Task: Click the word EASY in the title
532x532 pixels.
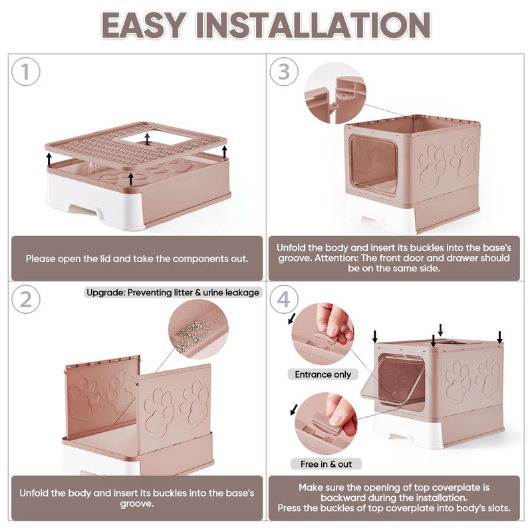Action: click(x=144, y=25)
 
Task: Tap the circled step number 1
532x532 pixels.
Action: click(x=25, y=72)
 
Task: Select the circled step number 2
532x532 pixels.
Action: click(x=25, y=300)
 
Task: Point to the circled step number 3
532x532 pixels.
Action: click(x=284, y=72)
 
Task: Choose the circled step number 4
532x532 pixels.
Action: click(x=284, y=300)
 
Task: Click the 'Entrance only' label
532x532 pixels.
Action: click(x=323, y=374)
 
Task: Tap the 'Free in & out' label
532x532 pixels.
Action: click(x=326, y=464)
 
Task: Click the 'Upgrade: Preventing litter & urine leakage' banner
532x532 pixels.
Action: click(x=173, y=293)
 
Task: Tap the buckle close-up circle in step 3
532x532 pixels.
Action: click(x=335, y=92)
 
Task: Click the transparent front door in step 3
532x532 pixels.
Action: click(x=373, y=164)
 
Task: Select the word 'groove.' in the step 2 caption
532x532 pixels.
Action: click(x=137, y=504)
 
